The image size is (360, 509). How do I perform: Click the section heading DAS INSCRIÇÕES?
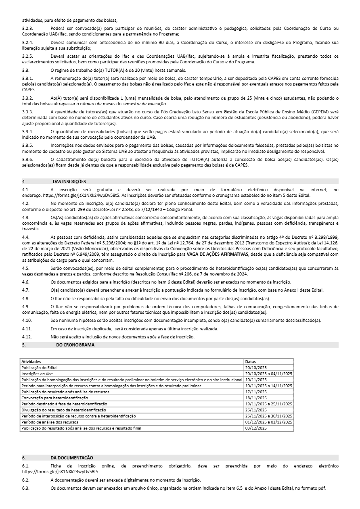tap(69, 181)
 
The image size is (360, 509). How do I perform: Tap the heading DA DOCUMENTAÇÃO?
tap(72, 457)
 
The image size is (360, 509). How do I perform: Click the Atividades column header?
tap(31, 361)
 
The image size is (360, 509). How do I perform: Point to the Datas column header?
tap(250, 361)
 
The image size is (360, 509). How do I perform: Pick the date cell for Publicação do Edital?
tap(256, 367)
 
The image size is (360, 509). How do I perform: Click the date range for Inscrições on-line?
tap(268, 373)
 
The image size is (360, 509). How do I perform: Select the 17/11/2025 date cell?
tap(256, 392)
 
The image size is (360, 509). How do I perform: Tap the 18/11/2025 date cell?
tap(256, 398)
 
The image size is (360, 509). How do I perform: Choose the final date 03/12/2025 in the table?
tap(256, 428)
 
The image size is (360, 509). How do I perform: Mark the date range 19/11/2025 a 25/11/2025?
tap(268, 404)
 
